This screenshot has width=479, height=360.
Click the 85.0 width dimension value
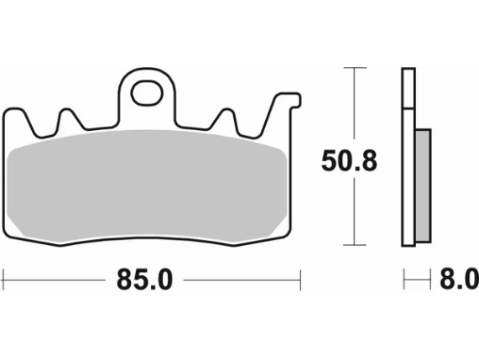(145, 279)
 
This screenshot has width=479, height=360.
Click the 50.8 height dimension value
(349, 161)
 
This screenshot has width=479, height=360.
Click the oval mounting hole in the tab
(147, 93)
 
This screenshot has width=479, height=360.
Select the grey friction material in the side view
(424, 185)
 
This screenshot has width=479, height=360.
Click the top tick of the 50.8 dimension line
(355, 67)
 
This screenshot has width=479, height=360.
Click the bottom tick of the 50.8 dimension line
(355, 245)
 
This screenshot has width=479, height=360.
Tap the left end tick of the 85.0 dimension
(3, 279)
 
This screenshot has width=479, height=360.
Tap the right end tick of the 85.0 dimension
(300, 280)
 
